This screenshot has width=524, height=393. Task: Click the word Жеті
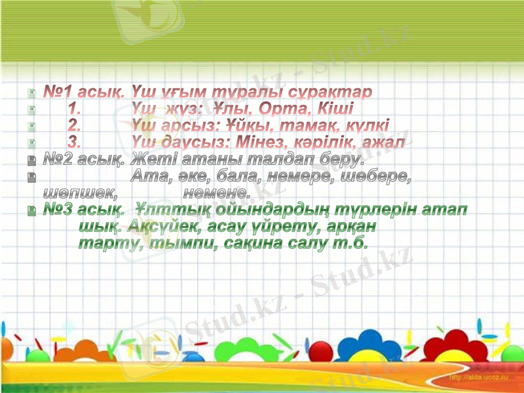click(x=151, y=159)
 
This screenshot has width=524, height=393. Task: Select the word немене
click(x=216, y=193)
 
